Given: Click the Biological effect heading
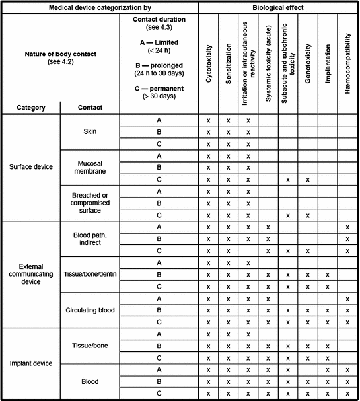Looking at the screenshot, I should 279,7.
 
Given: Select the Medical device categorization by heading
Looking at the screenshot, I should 100,7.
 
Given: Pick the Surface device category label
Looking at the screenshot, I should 30,168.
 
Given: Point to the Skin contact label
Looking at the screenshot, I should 90,132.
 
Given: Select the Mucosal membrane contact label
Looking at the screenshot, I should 90,168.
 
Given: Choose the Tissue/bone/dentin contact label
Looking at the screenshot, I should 90,274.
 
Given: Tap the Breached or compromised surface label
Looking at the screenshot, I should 90,203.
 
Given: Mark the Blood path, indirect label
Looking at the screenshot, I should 90,238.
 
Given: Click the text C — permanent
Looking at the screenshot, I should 159,89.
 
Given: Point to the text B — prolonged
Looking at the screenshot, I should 159,64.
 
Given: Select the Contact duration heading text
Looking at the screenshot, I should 159,20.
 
